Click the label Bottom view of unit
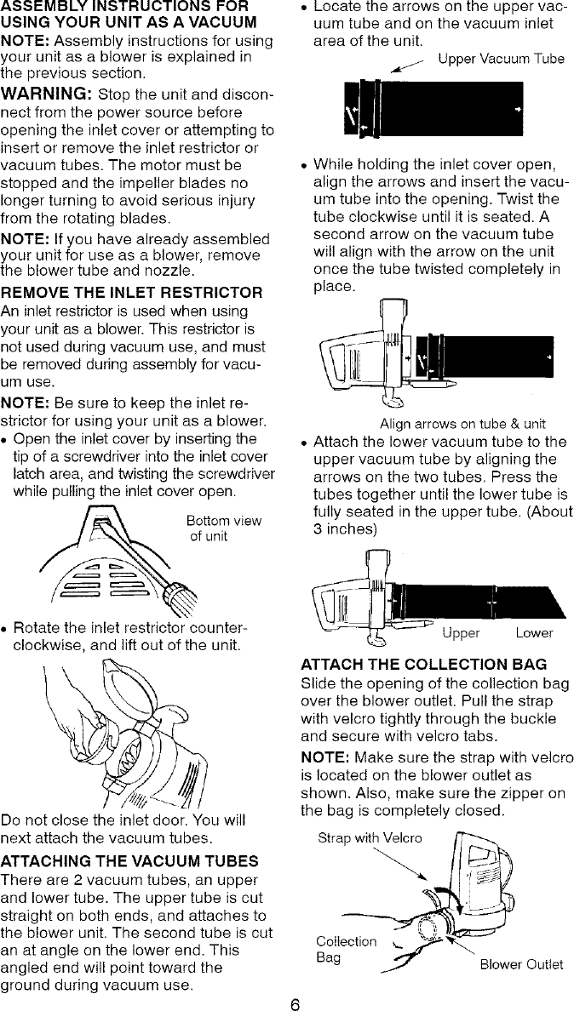[x=224, y=528]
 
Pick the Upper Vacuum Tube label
[x=501, y=59]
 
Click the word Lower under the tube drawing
[x=534, y=633]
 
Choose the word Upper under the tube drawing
[x=461, y=633]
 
